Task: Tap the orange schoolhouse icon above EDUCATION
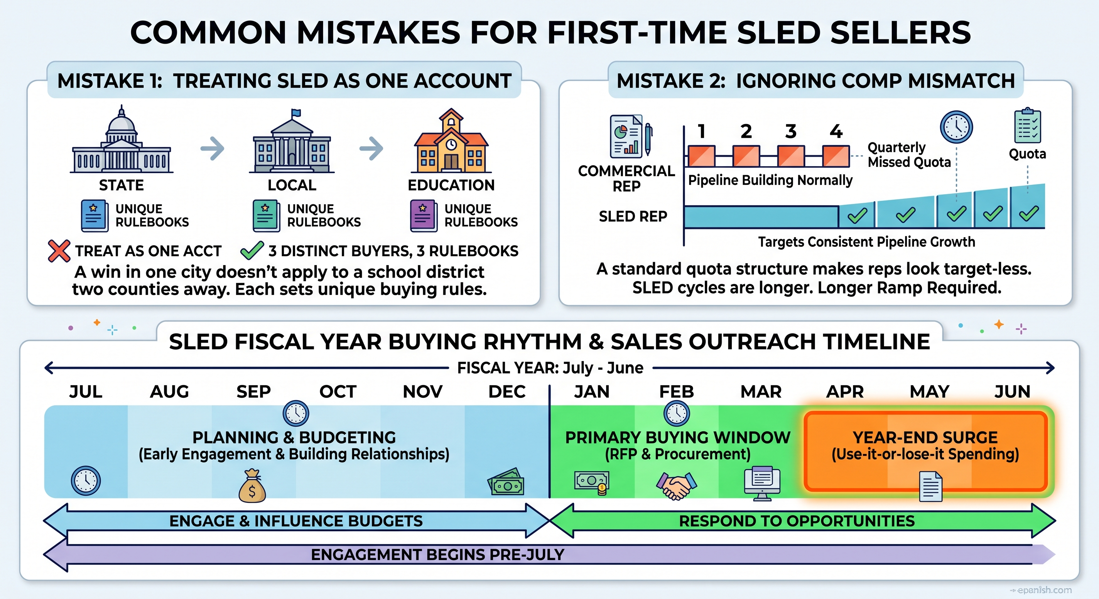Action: pos(452,140)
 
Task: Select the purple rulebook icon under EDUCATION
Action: pos(423,216)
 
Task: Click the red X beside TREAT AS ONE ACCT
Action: pos(59,251)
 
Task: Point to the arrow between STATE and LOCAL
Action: pos(212,148)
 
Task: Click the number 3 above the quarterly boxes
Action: pos(791,131)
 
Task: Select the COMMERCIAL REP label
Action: pos(626,178)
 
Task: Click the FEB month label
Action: pos(677,392)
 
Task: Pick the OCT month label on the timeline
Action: pos(338,392)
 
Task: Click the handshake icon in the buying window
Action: pos(676,486)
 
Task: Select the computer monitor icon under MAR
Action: pos(762,484)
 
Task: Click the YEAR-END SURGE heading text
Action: pos(925,438)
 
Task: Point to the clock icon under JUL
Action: pos(86,481)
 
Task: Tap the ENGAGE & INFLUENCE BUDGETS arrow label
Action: pos(296,521)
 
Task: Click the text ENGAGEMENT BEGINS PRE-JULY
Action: pos(438,555)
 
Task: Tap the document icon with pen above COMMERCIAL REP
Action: pos(631,136)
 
